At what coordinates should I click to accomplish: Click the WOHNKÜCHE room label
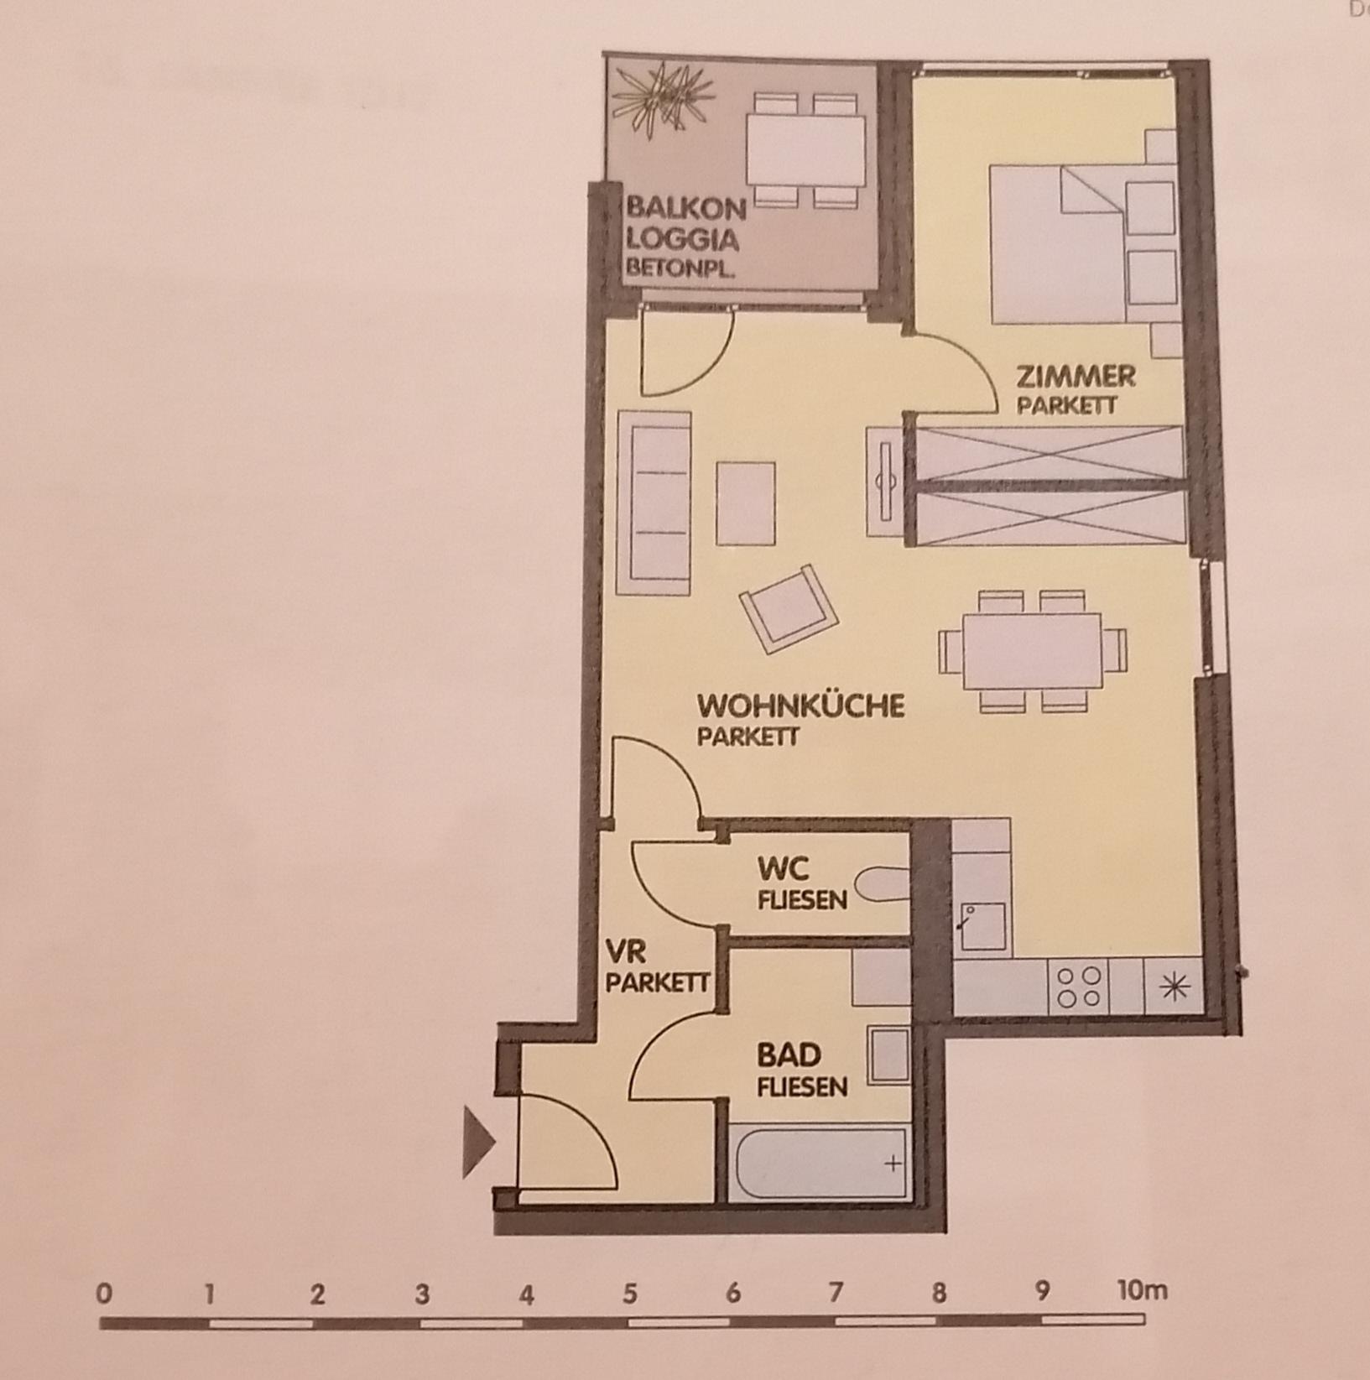click(801, 705)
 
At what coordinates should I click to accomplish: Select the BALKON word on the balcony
click(685, 207)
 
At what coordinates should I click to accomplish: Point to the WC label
click(784, 867)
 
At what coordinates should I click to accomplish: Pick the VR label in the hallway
click(625, 952)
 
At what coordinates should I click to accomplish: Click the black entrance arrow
click(479, 1143)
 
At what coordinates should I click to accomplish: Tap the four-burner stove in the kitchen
click(1079, 987)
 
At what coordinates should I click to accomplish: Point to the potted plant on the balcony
click(663, 97)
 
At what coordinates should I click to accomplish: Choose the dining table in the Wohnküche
click(1032, 650)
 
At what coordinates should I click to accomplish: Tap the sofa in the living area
click(654, 503)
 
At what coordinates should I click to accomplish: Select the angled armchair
click(789, 608)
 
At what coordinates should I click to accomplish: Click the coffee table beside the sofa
click(745, 503)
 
